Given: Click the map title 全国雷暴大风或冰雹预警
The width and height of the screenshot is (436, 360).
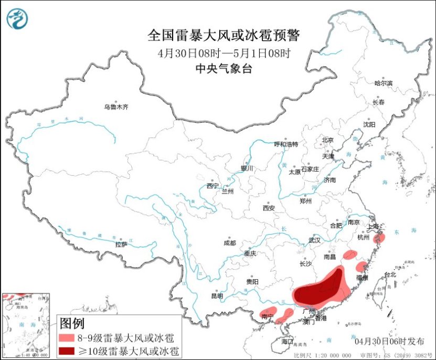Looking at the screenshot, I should tap(223, 36).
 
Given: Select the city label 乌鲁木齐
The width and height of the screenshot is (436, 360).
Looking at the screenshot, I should tap(115, 107).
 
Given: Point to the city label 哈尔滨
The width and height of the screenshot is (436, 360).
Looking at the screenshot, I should tap(383, 83).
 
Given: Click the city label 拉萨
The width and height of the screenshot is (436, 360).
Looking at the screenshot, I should tap(121, 244).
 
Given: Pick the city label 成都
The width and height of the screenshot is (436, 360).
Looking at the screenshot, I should tap(230, 243).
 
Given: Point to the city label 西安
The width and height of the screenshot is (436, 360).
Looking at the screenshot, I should tap(269, 208).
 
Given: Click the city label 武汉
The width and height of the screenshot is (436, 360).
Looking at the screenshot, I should tap(314, 240).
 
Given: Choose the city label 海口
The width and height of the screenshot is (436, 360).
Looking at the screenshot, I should tap(287, 341).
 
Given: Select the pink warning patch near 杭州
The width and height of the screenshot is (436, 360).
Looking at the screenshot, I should tap(380, 238).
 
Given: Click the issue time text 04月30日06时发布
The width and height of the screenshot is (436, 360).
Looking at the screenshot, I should tap(389, 341).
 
